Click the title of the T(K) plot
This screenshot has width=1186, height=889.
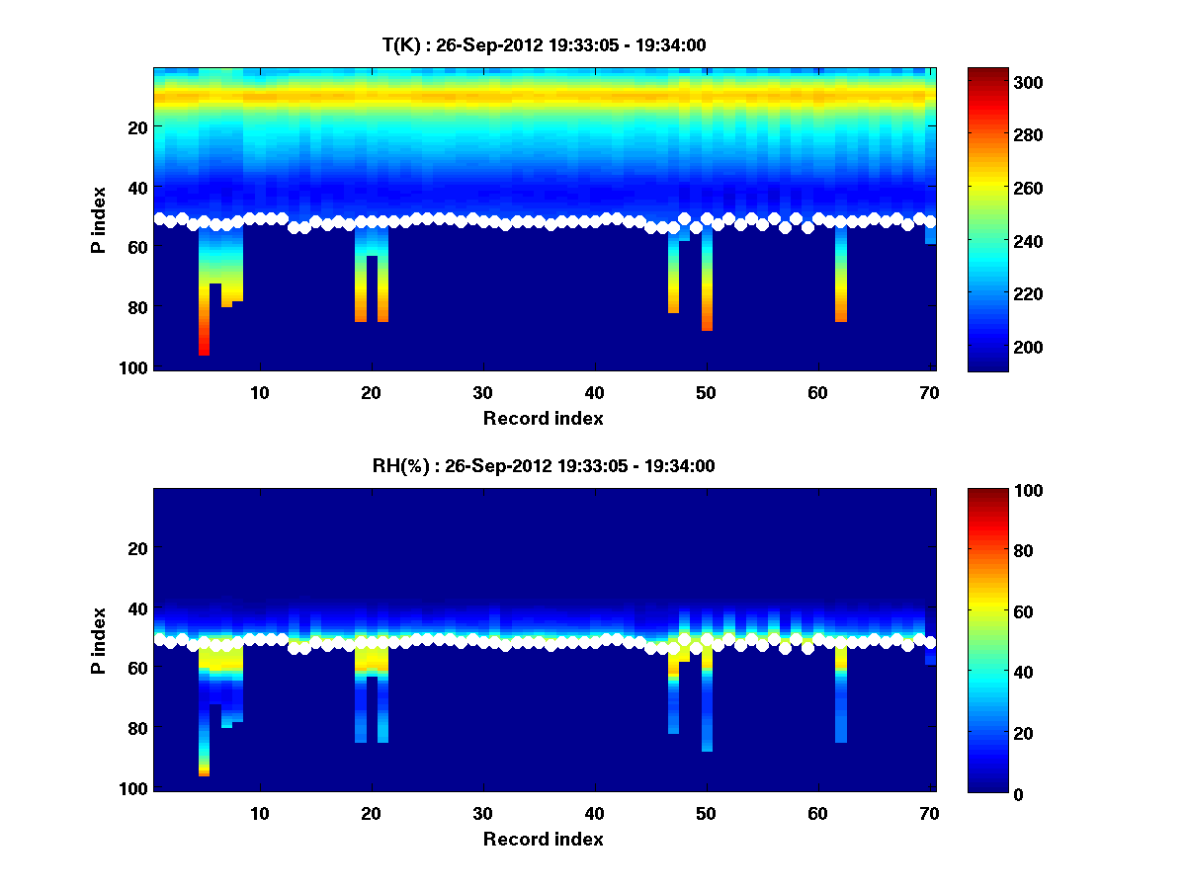[544, 44]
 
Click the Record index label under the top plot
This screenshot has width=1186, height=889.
[544, 418]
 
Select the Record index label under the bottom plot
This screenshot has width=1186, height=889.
[544, 839]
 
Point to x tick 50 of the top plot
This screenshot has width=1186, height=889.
[706, 392]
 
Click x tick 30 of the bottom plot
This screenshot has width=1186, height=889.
[482, 813]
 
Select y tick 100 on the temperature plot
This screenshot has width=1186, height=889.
[135, 367]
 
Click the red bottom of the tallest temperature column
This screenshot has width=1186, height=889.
[204, 346]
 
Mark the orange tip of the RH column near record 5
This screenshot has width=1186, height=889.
[204, 770]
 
